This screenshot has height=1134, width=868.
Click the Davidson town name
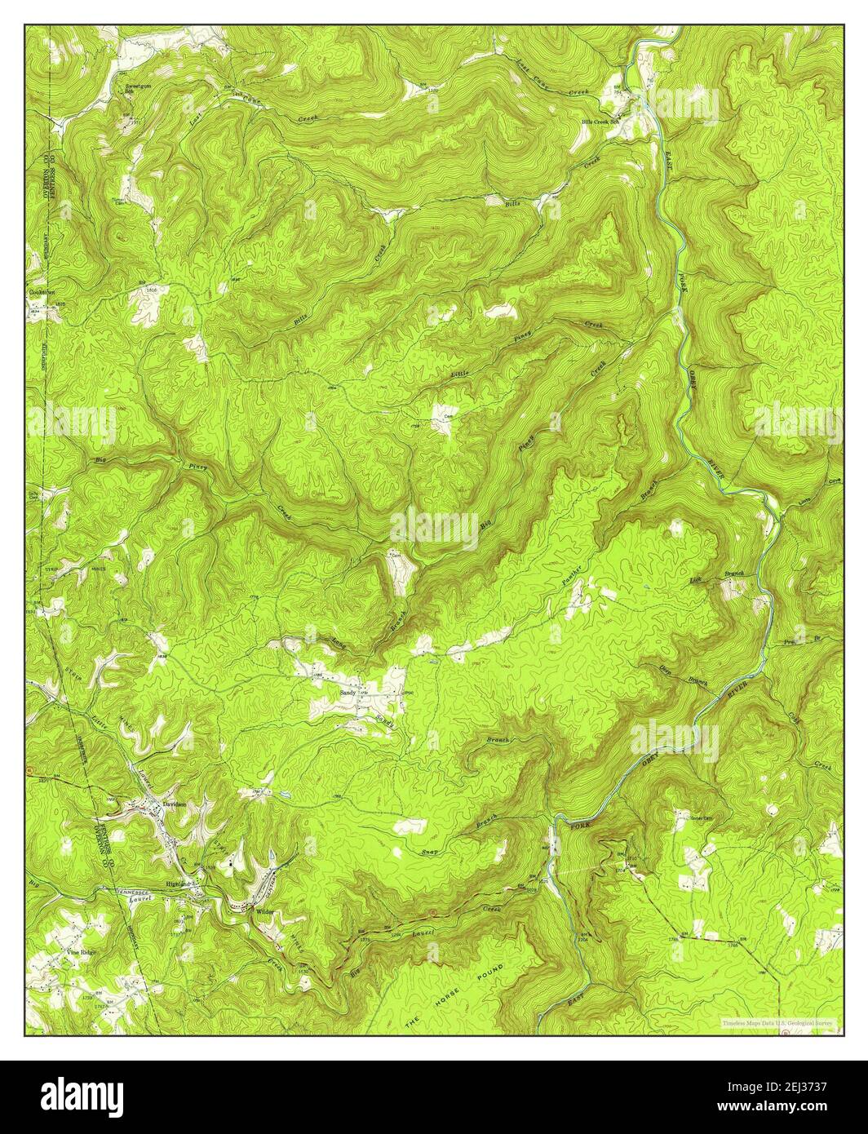[x=175, y=804]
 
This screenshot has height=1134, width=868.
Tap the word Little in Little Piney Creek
[x=461, y=374]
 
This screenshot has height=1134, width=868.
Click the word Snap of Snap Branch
[x=436, y=844]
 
